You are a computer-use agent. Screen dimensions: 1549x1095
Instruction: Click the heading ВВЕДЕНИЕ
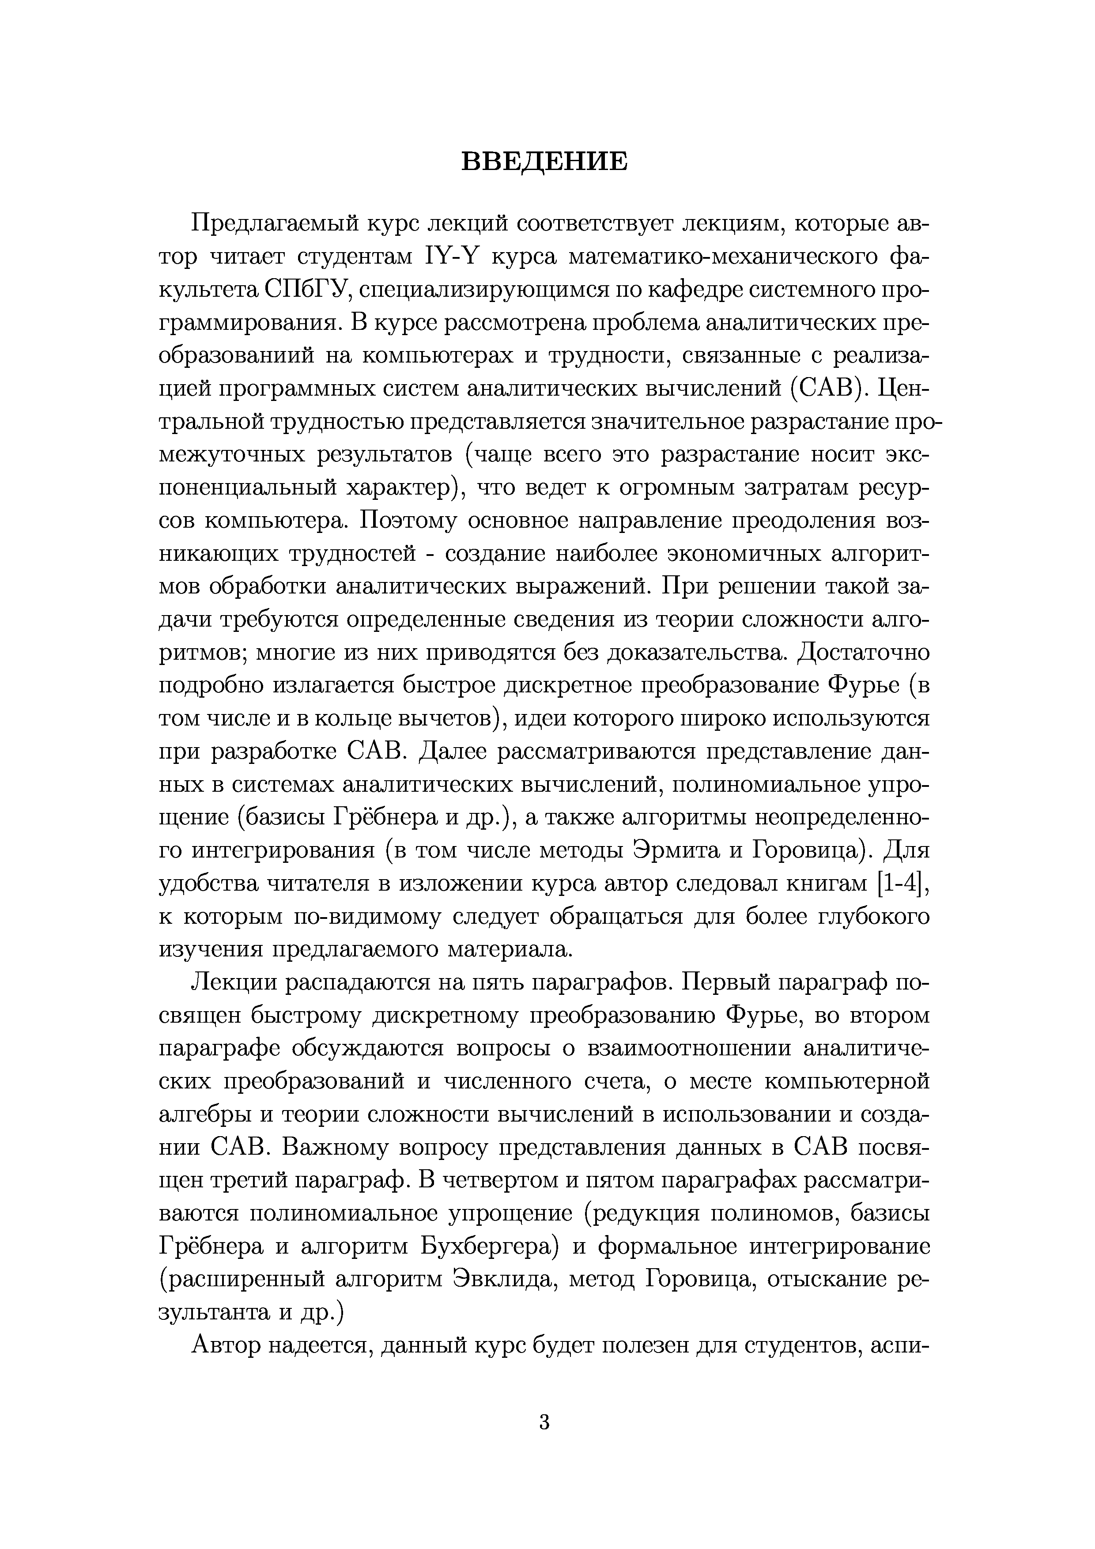544,162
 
